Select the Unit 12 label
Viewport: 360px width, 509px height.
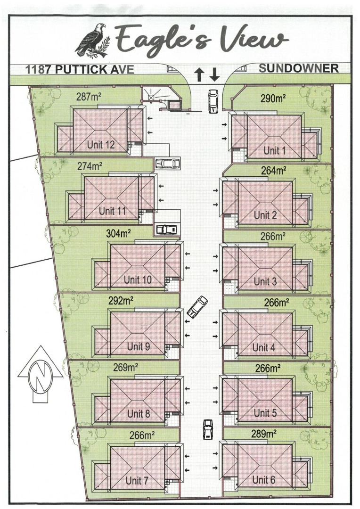101,145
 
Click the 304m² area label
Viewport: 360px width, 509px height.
118,233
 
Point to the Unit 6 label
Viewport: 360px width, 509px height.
263,479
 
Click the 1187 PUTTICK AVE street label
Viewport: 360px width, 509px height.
80,69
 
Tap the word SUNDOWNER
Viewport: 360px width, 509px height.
299,68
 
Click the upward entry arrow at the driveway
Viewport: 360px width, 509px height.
199,74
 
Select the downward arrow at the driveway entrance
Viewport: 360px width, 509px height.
214,74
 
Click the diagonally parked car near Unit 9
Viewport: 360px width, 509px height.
197,307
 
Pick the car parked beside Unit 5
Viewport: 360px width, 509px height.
207,429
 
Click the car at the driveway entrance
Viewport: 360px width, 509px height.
213,101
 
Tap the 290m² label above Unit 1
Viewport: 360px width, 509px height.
273,98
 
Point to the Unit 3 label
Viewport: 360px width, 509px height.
265,281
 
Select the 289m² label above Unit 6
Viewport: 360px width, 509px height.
264,434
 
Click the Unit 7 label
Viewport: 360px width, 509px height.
137,480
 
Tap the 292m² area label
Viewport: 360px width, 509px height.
121,301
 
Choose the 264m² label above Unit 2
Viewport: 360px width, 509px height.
274,171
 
